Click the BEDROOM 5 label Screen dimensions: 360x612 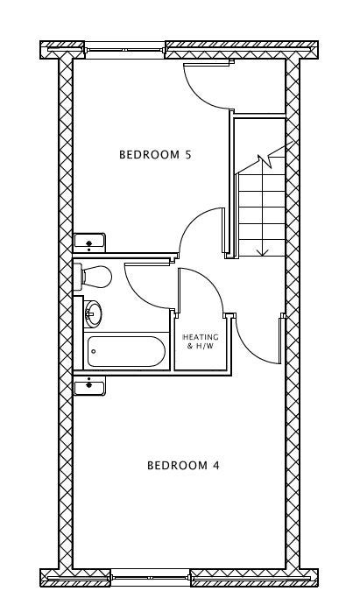point(155,155)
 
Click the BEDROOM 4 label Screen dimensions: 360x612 point(183,465)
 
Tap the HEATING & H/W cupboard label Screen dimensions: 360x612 point(201,341)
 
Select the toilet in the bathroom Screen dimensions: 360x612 point(93,277)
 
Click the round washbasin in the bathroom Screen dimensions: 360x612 point(93,313)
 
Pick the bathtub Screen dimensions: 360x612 point(126,351)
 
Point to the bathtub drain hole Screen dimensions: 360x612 point(94,351)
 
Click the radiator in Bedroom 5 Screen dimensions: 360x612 point(89,243)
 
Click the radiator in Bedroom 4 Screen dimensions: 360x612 point(89,386)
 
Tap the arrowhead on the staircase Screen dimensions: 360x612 point(262,252)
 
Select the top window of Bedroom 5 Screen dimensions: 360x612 point(125,50)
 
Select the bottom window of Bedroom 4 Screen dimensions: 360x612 point(151,577)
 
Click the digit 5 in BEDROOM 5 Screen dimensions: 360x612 point(188,155)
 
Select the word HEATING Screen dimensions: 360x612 point(201,337)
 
